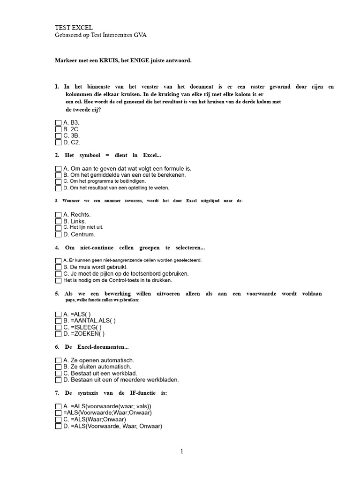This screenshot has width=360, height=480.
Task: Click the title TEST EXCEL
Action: click(x=74, y=28)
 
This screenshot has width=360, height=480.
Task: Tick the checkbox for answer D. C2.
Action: click(x=58, y=142)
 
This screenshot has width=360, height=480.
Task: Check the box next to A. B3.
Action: click(x=58, y=122)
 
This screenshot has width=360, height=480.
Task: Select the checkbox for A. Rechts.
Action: click(x=58, y=215)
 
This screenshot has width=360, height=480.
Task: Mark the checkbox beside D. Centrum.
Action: click(x=58, y=234)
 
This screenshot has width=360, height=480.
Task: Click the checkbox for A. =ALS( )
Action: click(x=58, y=314)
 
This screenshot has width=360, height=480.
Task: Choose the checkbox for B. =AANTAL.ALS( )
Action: click(x=58, y=321)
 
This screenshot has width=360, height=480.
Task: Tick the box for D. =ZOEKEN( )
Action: click(x=58, y=334)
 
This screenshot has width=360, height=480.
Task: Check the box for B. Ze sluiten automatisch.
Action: click(x=58, y=367)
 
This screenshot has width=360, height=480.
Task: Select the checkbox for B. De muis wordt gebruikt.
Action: click(x=58, y=267)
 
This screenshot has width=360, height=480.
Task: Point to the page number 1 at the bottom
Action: click(x=182, y=451)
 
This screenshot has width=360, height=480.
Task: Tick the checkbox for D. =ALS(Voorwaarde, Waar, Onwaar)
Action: click(x=58, y=427)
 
